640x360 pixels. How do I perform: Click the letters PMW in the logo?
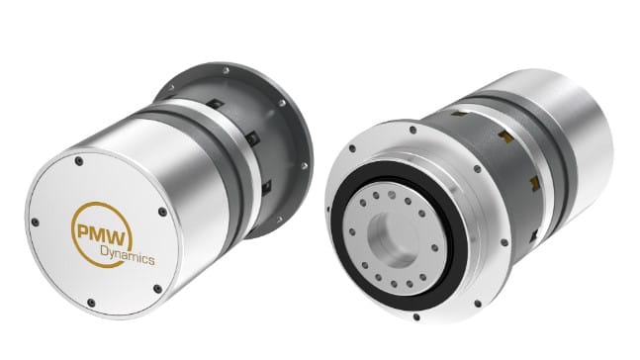[x=104, y=233]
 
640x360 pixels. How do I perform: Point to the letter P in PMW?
[x=84, y=231]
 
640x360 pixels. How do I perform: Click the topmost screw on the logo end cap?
[x=79, y=161]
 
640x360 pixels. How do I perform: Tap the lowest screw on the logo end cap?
[x=91, y=303]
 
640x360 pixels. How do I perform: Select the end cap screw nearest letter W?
[x=162, y=212]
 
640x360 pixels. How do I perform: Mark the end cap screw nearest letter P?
[x=35, y=223]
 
